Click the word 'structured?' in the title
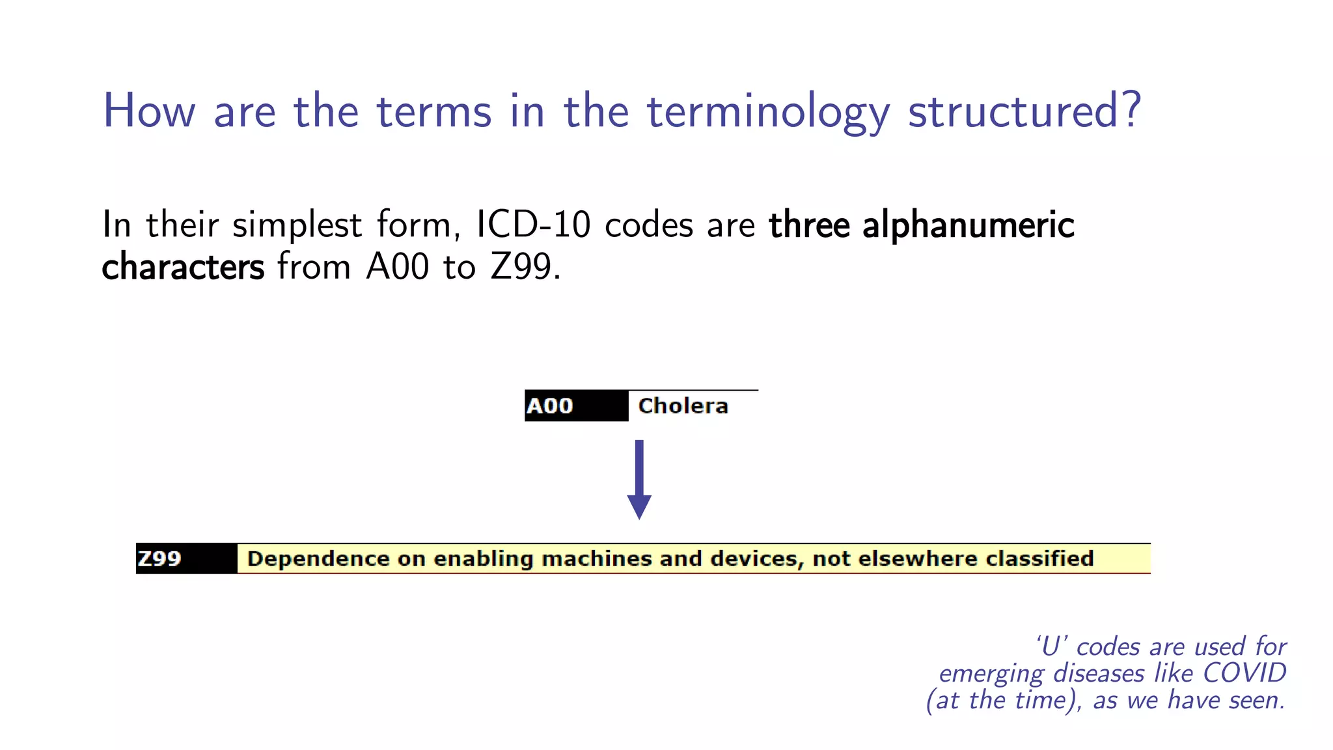1024,111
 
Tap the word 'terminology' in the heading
768,112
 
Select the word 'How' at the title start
149,111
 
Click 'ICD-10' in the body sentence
533,225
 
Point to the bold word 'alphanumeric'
968,226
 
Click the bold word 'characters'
183,267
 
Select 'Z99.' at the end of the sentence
525,267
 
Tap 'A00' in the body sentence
398,267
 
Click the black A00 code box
576,406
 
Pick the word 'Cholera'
683,406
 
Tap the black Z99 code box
186,559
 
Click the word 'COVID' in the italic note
1244,673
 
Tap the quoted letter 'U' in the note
1051,646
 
